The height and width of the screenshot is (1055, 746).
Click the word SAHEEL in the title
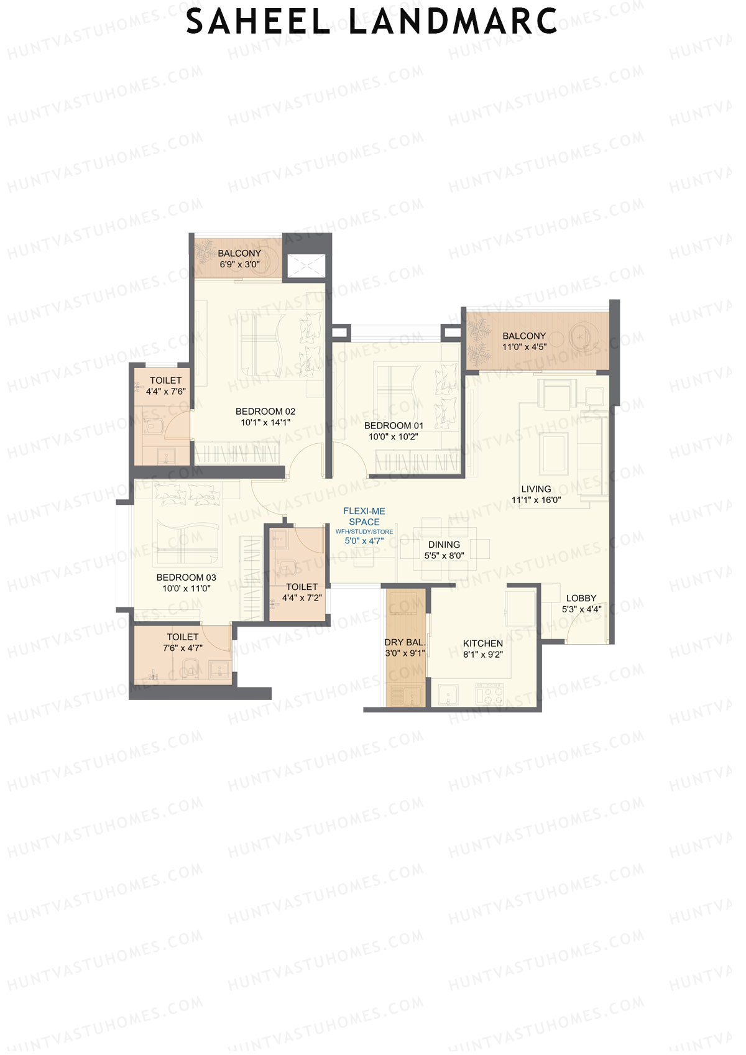(x=257, y=21)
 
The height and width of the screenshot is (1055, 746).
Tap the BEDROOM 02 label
(x=265, y=412)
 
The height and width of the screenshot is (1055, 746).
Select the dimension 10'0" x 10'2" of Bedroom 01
(x=394, y=437)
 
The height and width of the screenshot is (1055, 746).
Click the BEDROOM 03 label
(x=186, y=578)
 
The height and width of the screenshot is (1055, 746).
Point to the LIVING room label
(x=536, y=489)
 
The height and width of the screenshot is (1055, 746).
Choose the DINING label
(x=444, y=545)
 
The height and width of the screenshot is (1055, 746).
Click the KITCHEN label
(x=483, y=643)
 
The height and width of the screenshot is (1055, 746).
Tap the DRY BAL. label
(x=405, y=643)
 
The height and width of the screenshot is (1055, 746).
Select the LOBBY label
(x=581, y=598)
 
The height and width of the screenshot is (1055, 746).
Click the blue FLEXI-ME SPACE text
(x=364, y=517)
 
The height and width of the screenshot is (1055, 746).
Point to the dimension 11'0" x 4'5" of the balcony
(x=524, y=347)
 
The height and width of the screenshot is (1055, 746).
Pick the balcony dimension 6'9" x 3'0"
(x=239, y=264)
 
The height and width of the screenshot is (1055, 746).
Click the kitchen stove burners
(x=490, y=694)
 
